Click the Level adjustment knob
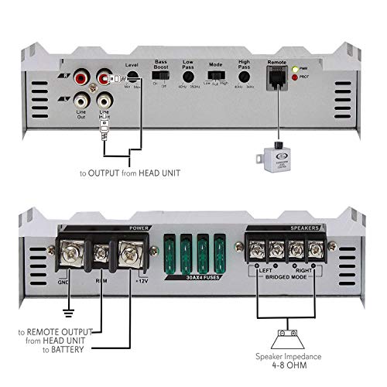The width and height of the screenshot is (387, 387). click(132, 77)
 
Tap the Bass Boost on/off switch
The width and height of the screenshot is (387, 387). click(161, 79)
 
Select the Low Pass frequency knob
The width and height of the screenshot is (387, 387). click(189, 77)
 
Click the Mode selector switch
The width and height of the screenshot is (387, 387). click(219, 78)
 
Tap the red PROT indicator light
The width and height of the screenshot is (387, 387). click(295, 81)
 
